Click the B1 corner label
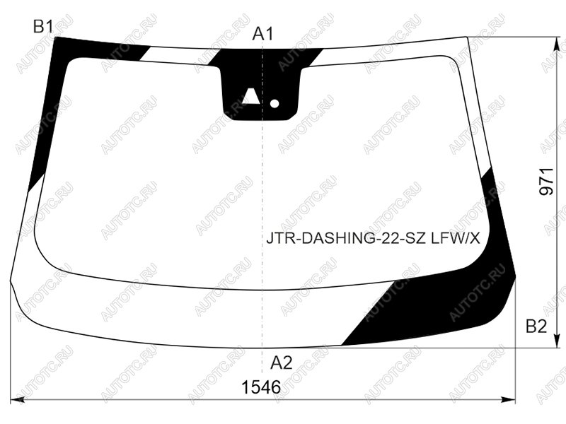43,27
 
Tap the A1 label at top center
262,34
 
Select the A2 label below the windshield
281,363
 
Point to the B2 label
536,326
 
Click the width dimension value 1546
261,387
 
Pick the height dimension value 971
546,182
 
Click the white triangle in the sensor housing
250,96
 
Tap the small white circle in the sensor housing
275,104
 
